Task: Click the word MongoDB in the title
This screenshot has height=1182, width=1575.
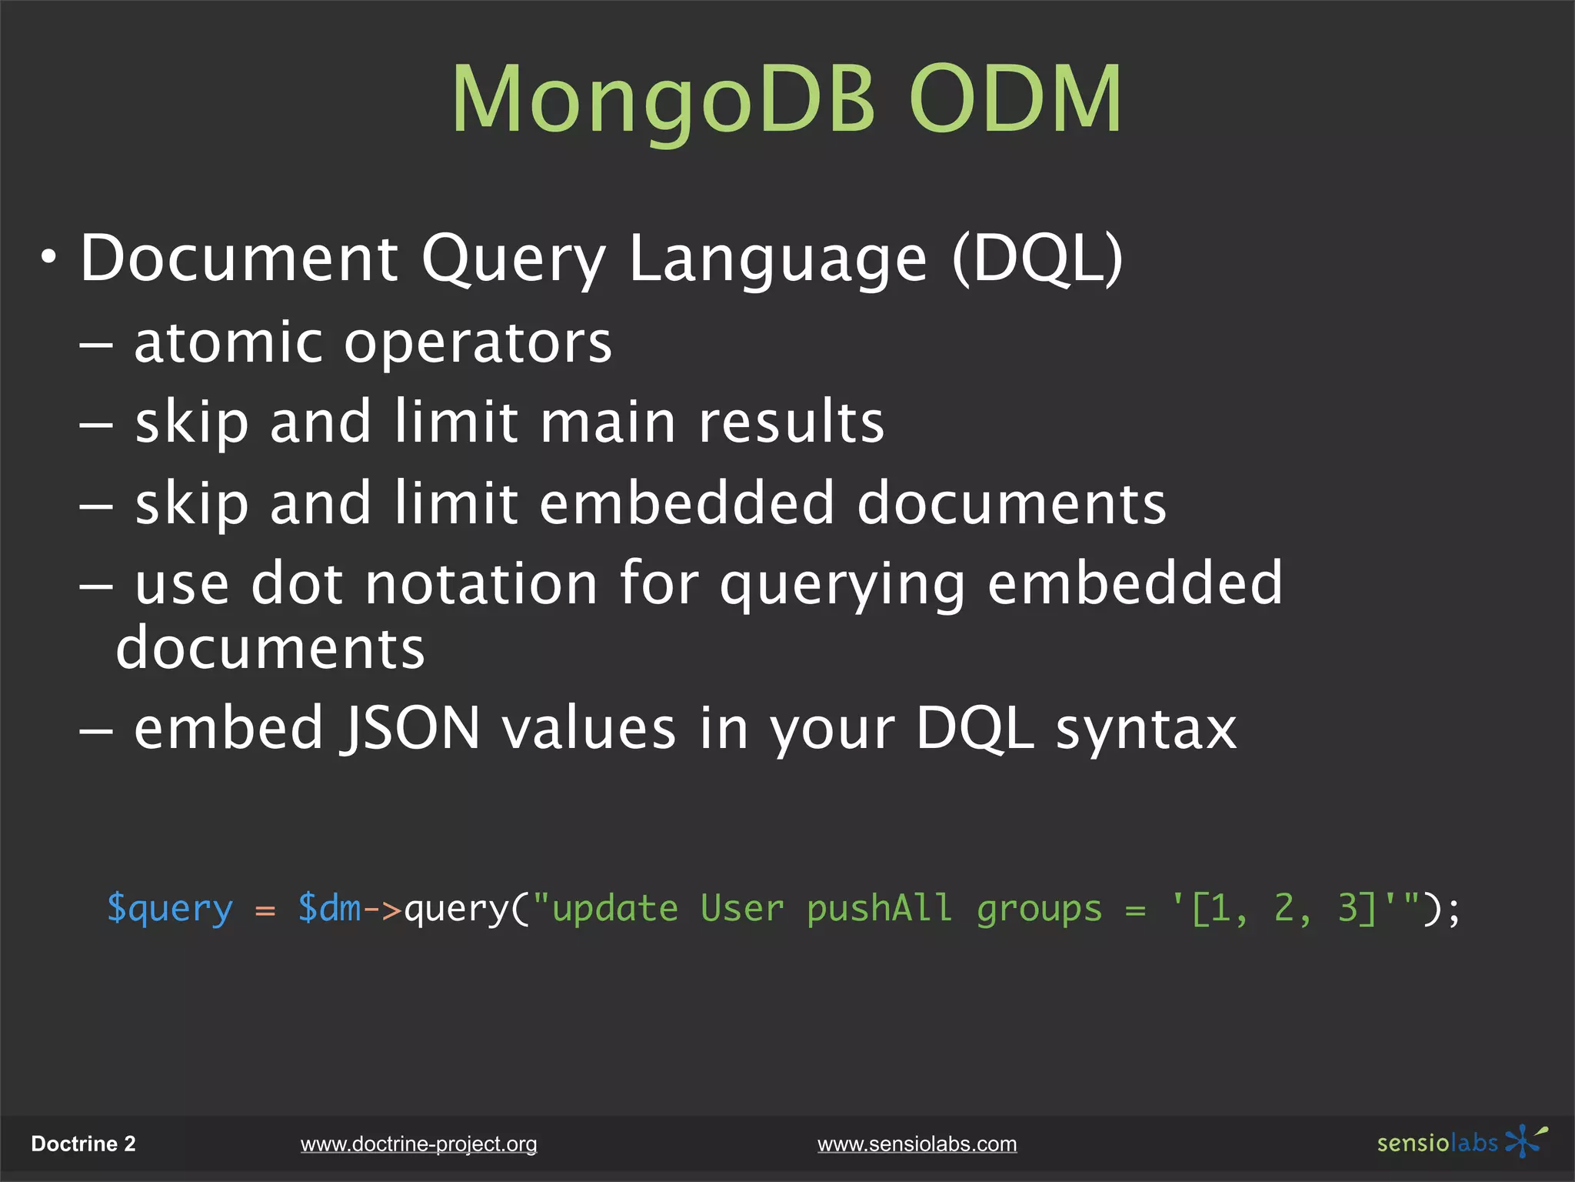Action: point(663,100)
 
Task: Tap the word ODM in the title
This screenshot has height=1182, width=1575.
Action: point(1015,100)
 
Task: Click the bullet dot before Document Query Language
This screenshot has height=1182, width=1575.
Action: point(49,259)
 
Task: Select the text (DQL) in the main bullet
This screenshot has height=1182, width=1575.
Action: point(1037,259)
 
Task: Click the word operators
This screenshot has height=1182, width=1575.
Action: point(478,344)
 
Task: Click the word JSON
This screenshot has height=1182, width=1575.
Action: point(411,728)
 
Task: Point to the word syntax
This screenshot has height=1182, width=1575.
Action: point(1146,730)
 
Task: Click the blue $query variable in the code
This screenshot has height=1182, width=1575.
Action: point(169,910)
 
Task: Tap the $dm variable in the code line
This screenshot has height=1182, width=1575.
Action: point(329,908)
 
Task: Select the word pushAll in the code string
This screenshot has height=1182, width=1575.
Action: point(879,910)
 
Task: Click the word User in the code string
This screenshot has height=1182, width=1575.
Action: point(742,909)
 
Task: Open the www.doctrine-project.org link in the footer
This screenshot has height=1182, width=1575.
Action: point(418,1144)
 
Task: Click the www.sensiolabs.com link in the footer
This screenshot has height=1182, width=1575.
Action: point(917,1144)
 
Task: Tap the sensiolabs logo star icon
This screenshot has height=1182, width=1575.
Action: point(1523,1141)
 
